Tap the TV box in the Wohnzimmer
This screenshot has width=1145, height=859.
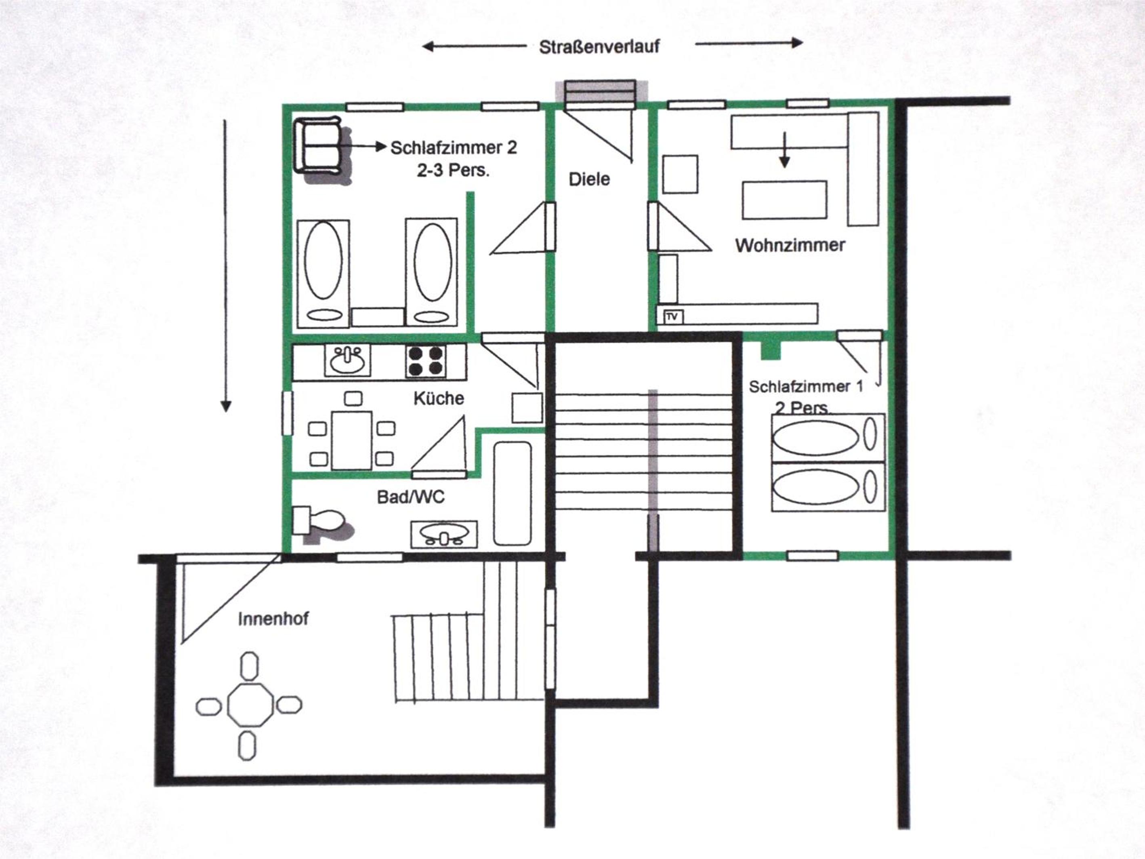pos(672,316)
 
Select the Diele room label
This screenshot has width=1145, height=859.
pos(589,179)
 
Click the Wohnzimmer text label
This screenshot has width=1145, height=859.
pos(790,245)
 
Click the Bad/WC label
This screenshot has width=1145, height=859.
pos(410,497)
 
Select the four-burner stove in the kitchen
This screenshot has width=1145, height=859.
pos(426,360)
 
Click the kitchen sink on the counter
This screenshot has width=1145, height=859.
pos(347,360)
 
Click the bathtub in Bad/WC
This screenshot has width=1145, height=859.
pos(513,493)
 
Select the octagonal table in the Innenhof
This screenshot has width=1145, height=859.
pos(250,705)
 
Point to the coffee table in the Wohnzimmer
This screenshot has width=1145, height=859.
pos(784,200)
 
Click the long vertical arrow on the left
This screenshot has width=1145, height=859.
pos(225,265)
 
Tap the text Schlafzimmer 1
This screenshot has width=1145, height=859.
pos(806,386)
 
